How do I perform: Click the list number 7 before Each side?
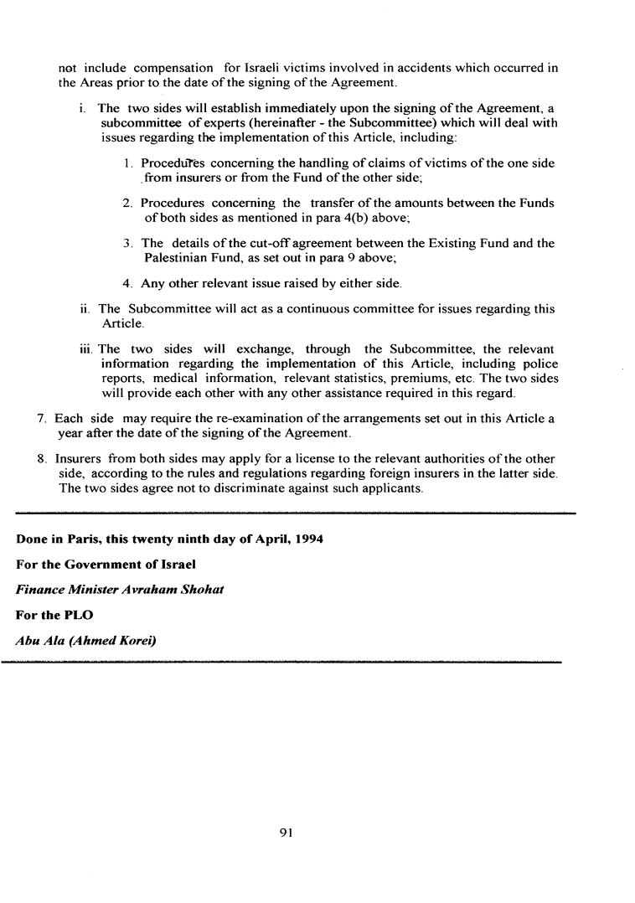43,418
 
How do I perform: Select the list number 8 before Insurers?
43,459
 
